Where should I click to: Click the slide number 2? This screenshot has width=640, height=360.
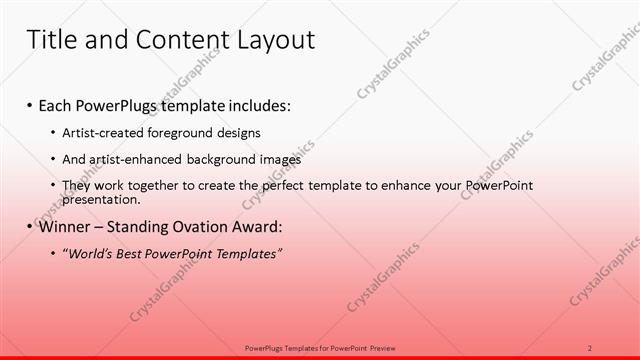[590, 347]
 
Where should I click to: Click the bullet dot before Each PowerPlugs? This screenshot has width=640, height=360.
[31, 106]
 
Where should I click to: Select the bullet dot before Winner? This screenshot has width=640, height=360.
[31, 227]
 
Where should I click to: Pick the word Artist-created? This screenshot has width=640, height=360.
[102, 133]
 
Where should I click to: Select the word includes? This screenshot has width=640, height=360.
[261, 106]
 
